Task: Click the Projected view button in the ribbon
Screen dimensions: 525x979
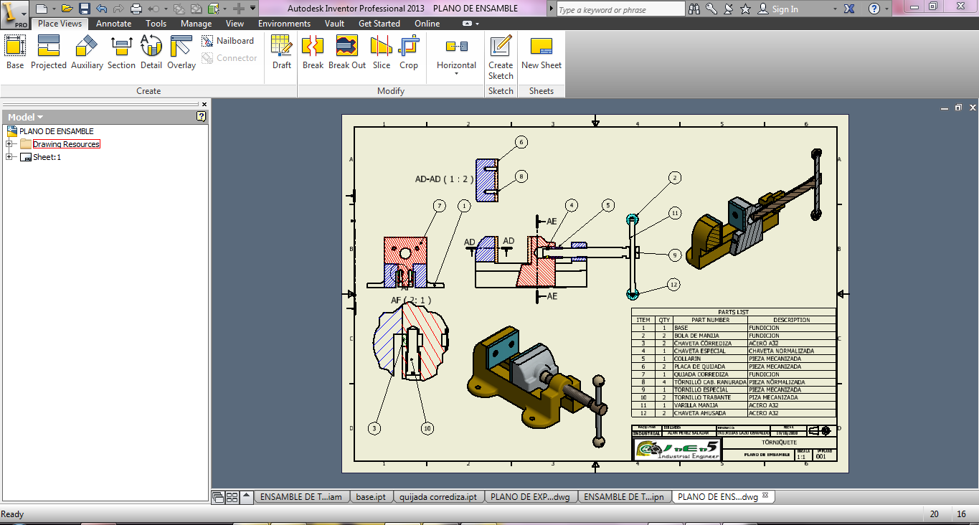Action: click(48, 52)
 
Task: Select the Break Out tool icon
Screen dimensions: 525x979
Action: click(347, 52)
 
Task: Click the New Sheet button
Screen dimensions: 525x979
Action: click(541, 52)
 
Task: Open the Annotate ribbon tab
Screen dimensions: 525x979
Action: click(113, 24)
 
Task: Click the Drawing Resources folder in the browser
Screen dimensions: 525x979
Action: click(66, 144)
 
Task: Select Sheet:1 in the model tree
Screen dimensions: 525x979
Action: click(47, 157)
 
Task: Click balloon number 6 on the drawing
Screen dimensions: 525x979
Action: click(521, 142)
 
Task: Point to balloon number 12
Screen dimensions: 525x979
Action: click(673, 285)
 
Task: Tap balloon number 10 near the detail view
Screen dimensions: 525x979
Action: click(427, 428)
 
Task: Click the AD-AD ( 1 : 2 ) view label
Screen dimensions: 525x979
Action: click(444, 179)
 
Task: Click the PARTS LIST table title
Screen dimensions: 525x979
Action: click(733, 312)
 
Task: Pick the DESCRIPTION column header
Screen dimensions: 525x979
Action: click(791, 320)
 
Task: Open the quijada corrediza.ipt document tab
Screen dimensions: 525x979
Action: click(438, 497)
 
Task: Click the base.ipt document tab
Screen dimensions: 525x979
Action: click(370, 497)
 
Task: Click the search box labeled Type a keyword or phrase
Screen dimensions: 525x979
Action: click(620, 9)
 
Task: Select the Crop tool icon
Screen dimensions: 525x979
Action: click(409, 52)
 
